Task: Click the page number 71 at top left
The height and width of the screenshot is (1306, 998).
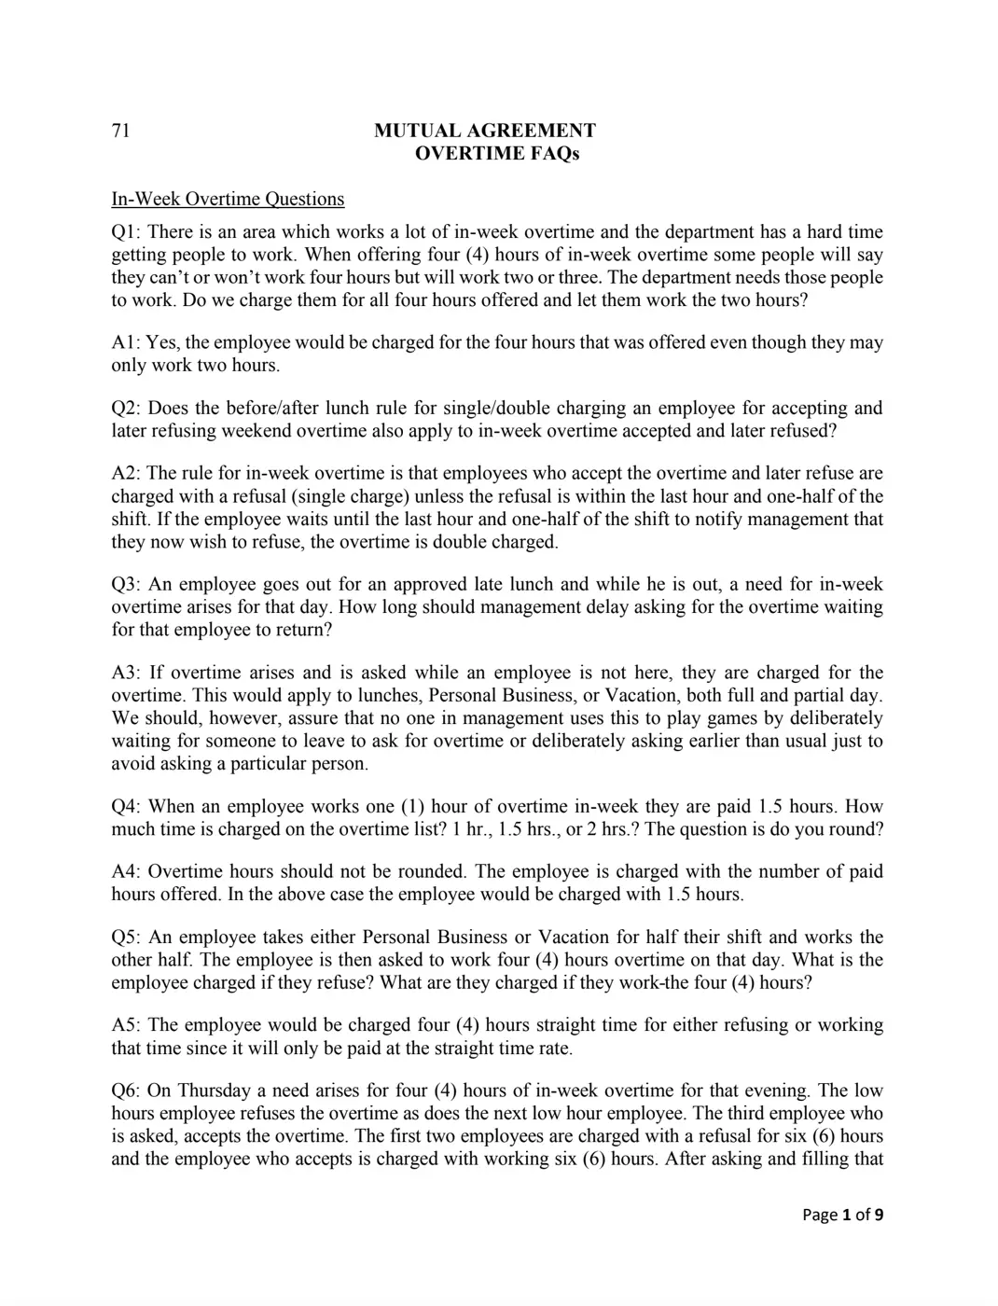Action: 120,131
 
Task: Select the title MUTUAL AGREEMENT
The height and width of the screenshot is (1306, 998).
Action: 484,131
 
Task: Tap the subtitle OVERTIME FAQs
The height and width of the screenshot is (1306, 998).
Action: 496,154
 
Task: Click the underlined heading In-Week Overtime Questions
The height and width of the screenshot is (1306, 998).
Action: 228,199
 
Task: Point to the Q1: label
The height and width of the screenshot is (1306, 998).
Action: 126,231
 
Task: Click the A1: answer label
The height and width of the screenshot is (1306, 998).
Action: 126,342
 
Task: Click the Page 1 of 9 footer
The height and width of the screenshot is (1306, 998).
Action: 842,1215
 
